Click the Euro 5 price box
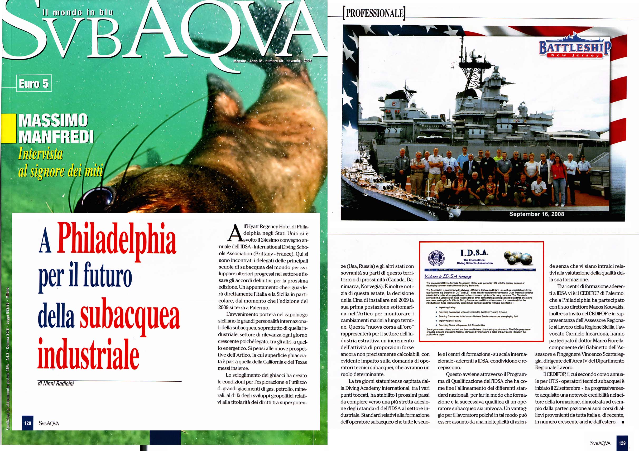[x=34, y=84]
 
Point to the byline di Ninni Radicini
[x=56, y=384]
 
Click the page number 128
[x=27, y=423]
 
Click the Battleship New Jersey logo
[x=574, y=49]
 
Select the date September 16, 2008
[x=537, y=214]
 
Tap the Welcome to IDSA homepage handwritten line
[x=448, y=276]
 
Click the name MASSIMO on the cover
[x=53, y=121]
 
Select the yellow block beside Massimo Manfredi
[x=8, y=129]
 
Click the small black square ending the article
[x=623, y=422]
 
